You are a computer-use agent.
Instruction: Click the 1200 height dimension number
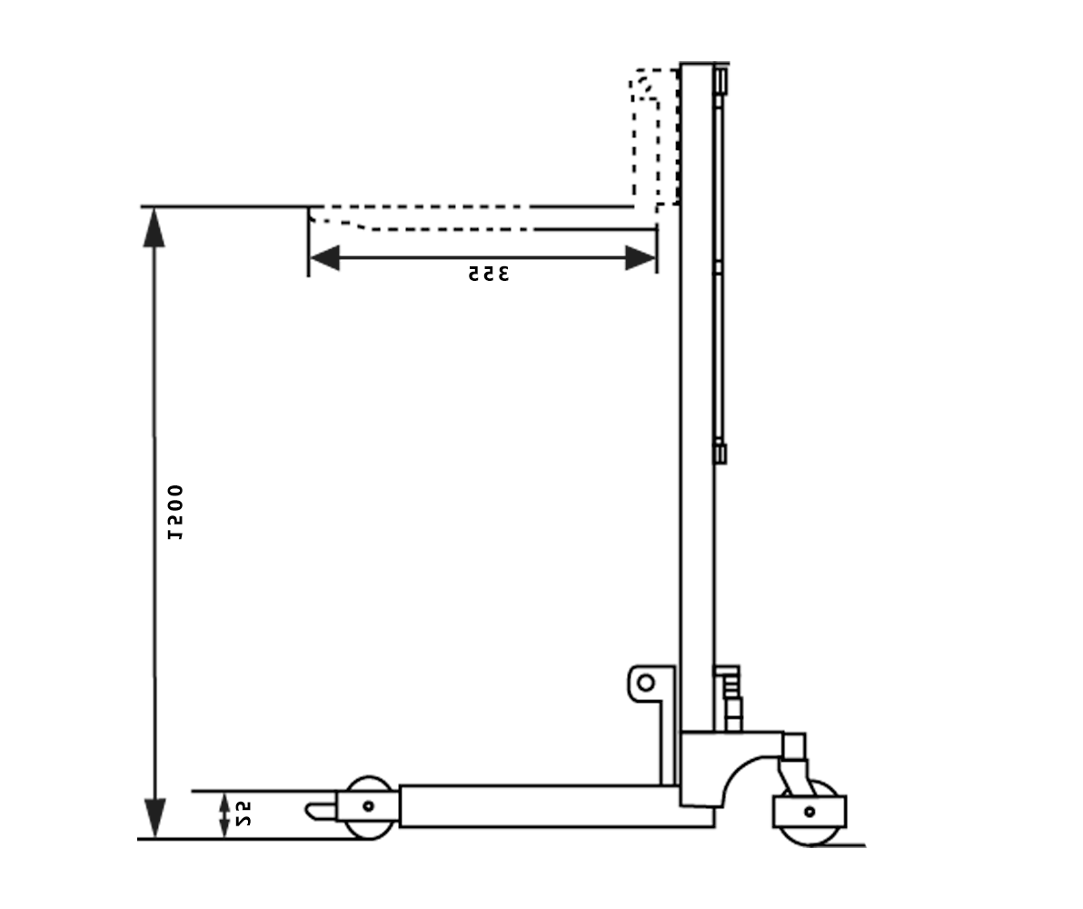176,512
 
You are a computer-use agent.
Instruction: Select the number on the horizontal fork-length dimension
489,273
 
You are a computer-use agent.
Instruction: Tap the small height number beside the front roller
243,814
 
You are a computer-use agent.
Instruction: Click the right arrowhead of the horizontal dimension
641,257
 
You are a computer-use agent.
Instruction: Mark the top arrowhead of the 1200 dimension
154,228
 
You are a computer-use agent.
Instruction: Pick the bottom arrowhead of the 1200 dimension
154,816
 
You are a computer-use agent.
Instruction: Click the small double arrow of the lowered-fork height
224,814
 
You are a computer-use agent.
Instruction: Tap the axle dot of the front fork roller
368,805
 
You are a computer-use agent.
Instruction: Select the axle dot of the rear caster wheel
810,811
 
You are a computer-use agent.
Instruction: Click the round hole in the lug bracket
645,682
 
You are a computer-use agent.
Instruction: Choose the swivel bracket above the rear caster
792,764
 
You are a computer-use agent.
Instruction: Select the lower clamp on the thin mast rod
720,452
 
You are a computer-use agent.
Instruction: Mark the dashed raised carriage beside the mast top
654,136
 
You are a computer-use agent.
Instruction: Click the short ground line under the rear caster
840,845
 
